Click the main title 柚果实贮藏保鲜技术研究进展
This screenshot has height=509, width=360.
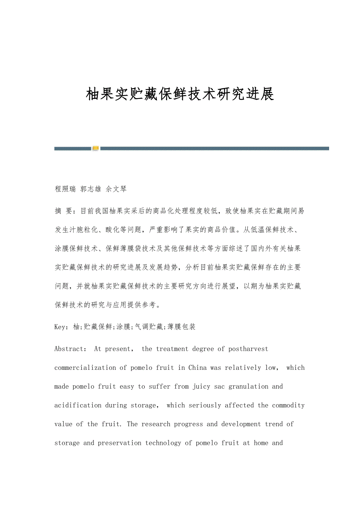(x=180, y=94)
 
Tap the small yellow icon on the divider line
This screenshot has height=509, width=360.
(x=95, y=148)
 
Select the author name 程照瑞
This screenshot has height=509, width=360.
(x=65, y=189)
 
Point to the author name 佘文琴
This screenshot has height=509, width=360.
(x=116, y=189)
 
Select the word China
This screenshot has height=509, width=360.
(x=198, y=367)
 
